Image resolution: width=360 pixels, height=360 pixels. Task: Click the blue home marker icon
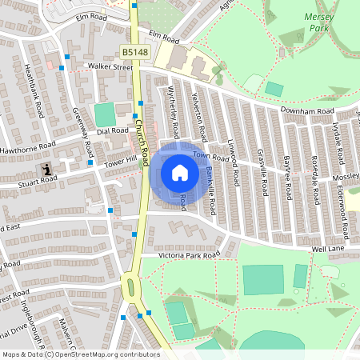click(x=179, y=172)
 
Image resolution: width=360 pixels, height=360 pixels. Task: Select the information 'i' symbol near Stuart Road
click(x=49, y=170)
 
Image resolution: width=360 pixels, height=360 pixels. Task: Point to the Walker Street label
click(x=110, y=67)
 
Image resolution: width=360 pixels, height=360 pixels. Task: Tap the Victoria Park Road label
click(x=188, y=255)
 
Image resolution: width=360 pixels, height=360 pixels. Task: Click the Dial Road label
click(x=112, y=130)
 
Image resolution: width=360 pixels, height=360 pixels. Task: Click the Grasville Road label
click(x=261, y=172)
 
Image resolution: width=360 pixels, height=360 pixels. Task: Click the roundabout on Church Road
click(x=130, y=284)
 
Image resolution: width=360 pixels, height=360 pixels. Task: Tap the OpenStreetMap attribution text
click(x=81, y=354)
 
